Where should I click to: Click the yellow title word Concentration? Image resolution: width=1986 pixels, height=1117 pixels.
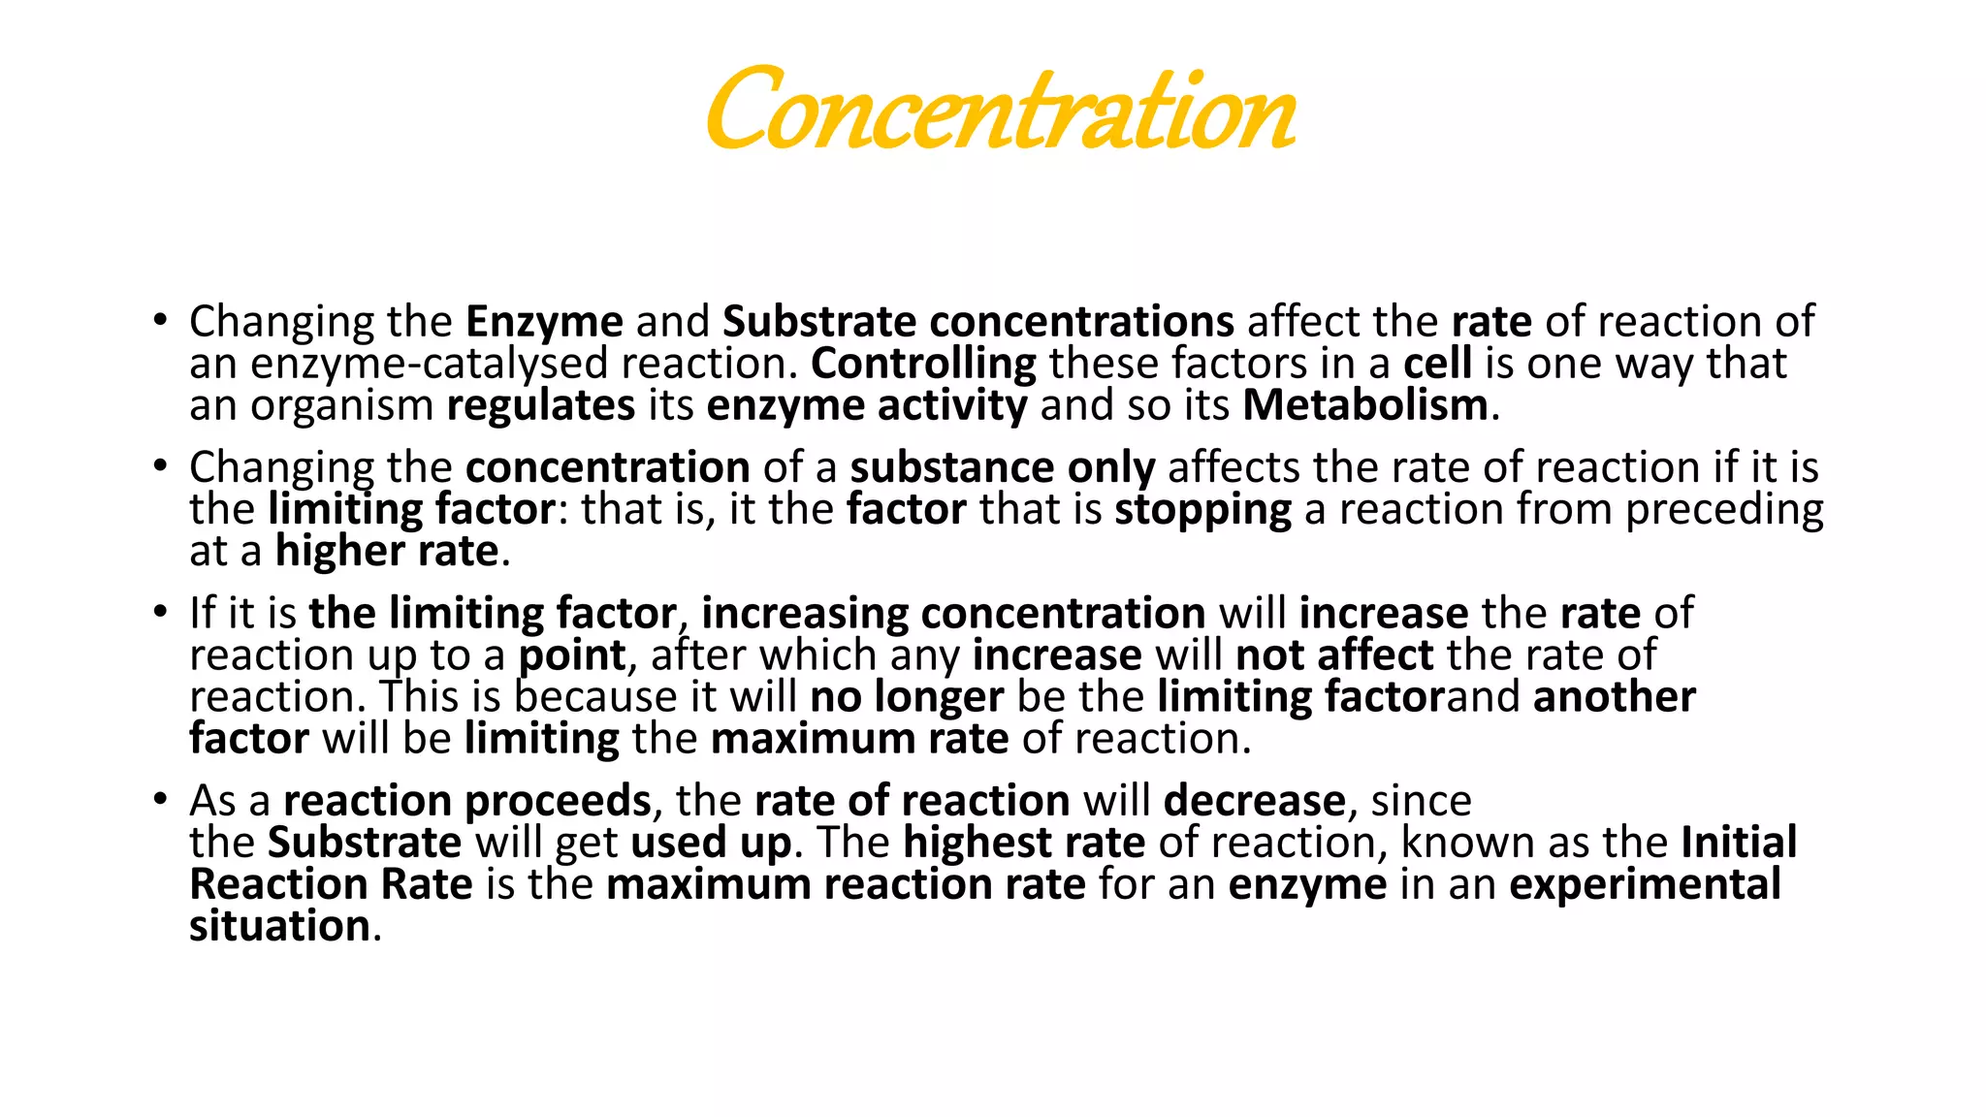pos(1001,110)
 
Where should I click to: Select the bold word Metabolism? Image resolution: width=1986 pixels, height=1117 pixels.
pos(1364,405)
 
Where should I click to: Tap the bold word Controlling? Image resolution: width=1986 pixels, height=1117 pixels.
pos(923,364)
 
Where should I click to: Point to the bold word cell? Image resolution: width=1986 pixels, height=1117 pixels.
pos(1437,364)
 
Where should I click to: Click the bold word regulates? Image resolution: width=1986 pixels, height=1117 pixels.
pos(540,405)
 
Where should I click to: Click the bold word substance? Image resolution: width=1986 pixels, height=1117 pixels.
pos(952,467)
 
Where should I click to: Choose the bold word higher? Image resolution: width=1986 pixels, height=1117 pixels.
pos(339,552)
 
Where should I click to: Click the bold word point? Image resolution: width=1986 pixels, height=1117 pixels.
pos(572,656)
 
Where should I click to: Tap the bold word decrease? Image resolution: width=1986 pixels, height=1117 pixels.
pos(1254,801)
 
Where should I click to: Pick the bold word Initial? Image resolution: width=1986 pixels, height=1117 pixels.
pos(1739,843)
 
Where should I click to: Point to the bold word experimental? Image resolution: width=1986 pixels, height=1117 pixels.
pos(1645,885)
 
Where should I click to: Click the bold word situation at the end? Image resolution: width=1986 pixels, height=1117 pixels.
pos(279,927)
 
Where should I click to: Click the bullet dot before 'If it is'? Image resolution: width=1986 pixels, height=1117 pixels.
pos(160,614)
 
